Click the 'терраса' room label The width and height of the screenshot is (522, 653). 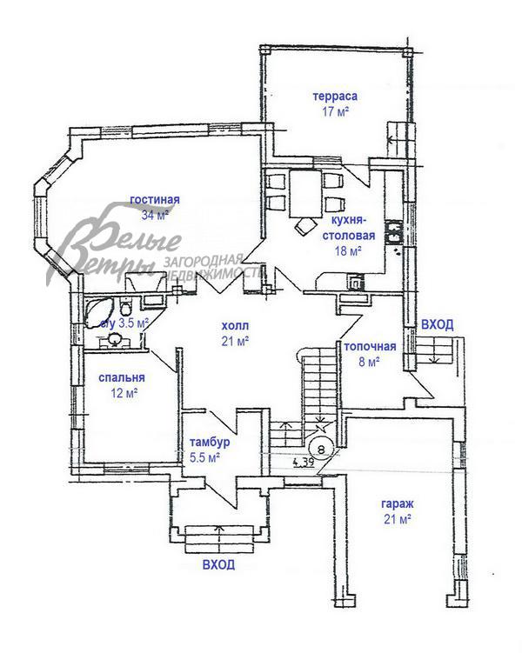(335, 97)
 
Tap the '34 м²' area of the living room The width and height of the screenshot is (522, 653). (155, 216)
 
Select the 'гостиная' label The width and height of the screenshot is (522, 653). (155, 199)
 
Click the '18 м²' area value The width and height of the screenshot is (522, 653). (348, 251)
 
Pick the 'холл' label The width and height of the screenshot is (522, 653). (236, 325)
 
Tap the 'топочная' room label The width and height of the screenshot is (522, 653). (370, 346)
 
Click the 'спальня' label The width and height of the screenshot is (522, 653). (122, 377)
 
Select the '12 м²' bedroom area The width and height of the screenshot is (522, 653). (124, 393)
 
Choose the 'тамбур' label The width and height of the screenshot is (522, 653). (210, 442)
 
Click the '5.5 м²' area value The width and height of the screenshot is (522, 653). (205, 457)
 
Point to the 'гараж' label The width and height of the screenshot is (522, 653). (398, 503)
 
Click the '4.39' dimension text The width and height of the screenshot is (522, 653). (304, 462)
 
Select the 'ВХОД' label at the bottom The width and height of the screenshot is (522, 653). (218, 564)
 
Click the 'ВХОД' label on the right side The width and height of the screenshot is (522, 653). (438, 324)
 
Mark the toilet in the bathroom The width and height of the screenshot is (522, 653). (125, 307)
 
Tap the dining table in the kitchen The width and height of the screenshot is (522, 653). (305, 193)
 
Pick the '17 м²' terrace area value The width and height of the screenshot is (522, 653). (335, 111)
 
